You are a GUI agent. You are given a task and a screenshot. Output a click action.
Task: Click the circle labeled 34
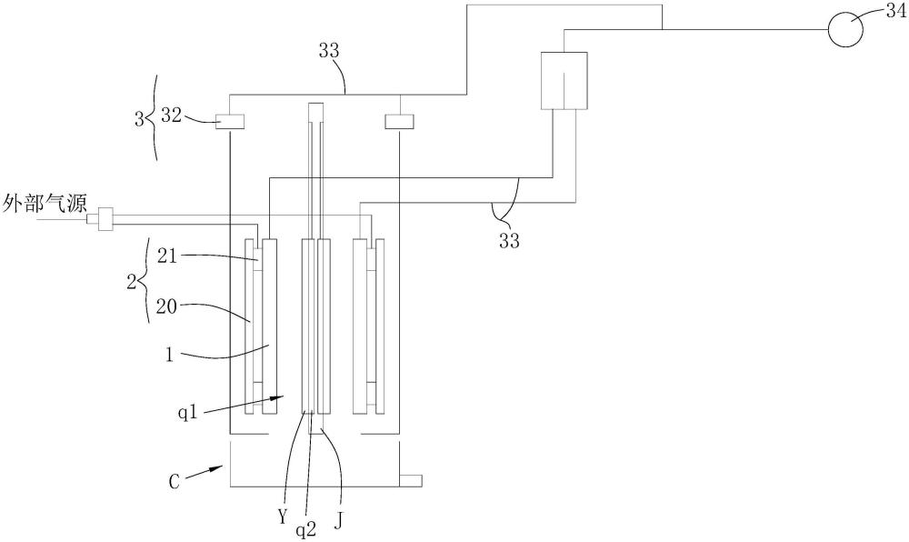[x=844, y=28]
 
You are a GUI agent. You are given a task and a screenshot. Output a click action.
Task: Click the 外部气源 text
[x=45, y=205]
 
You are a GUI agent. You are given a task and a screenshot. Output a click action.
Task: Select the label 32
[x=172, y=115]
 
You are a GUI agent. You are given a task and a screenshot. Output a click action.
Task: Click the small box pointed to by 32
[x=230, y=121]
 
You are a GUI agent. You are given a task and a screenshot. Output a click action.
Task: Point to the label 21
[x=167, y=256]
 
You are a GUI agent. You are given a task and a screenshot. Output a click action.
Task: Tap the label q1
[x=189, y=414]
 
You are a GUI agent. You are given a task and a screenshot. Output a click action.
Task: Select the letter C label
[x=175, y=481]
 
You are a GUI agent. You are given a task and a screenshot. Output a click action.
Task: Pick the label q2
[x=306, y=528]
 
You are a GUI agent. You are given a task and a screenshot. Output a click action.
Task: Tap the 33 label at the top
[x=329, y=51]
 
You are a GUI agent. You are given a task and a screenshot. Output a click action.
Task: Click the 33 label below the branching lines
[x=510, y=240]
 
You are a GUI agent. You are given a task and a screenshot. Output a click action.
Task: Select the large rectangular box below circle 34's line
[x=564, y=81]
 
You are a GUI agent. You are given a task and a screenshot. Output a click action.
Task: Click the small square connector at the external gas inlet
[x=105, y=220]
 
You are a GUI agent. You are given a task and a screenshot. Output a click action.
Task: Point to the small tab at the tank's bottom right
[x=411, y=480]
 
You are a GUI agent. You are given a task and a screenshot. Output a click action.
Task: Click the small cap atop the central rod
[x=315, y=112]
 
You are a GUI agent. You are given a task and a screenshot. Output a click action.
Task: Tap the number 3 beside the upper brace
[x=138, y=120]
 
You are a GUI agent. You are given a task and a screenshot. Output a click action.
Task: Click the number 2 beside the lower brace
[x=131, y=282]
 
